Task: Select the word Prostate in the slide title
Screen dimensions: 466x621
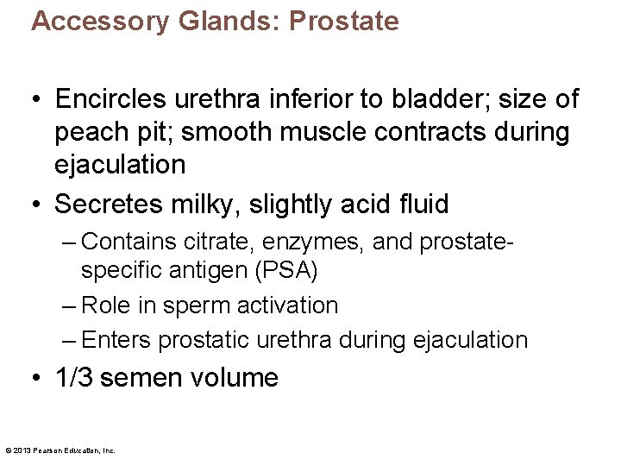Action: [x=344, y=21]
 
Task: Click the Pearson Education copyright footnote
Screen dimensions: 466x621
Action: [x=60, y=450]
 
